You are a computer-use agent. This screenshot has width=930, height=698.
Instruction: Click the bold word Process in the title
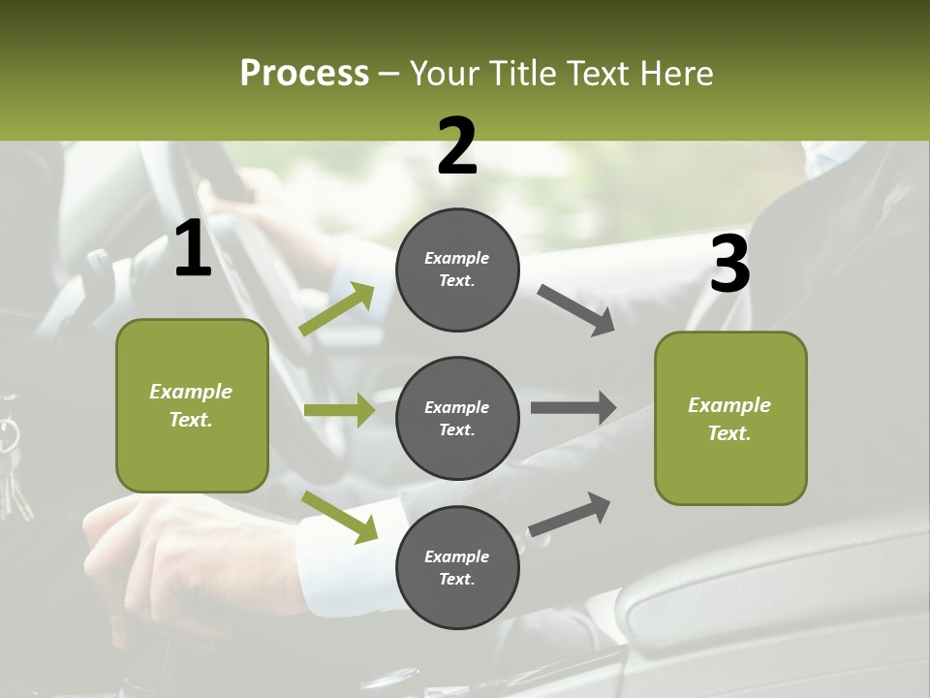(304, 74)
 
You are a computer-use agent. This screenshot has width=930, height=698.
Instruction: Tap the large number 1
(193, 249)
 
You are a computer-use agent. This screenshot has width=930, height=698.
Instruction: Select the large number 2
(457, 146)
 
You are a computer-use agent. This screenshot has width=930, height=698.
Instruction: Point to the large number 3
(730, 265)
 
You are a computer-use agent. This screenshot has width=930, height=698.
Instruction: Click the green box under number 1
(192, 405)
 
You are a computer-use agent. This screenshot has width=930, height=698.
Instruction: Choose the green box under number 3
(730, 418)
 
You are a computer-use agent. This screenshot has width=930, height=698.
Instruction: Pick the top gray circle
(457, 270)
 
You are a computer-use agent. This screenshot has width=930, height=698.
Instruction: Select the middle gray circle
(457, 418)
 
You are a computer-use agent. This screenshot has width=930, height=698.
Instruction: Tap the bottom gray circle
(457, 567)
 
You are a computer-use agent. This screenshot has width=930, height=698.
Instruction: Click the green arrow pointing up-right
(337, 309)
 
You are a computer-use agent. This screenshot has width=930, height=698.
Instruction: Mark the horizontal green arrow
(339, 410)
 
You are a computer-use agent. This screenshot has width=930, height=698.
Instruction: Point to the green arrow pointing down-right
(339, 516)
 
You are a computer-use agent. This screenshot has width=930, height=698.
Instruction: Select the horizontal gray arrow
(573, 407)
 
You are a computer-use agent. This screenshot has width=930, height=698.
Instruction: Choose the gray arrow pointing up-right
(570, 514)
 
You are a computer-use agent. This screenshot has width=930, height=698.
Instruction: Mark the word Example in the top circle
(457, 258)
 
